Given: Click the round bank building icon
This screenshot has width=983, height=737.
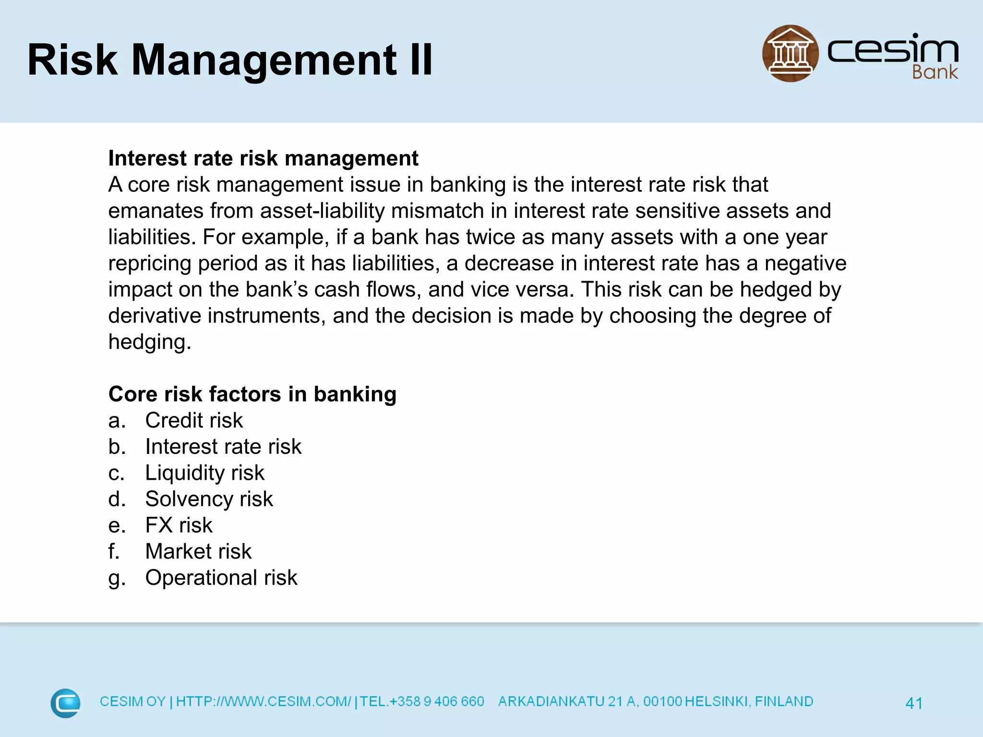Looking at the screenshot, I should (x=790, y=53).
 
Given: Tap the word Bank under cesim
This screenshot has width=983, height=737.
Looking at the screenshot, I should (x=935, y=72).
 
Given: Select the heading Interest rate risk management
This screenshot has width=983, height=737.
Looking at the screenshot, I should (x=263, y=158).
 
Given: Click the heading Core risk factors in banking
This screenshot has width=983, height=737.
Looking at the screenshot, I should (x=252, y=394).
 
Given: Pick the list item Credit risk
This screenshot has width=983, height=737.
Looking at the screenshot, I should (x=194, y=420).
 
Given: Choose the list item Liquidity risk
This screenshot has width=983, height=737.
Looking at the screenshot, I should (x=204, y=473).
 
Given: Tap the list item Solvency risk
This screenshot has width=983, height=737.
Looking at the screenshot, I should (x=209, y=499).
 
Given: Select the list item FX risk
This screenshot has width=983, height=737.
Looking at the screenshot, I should (x=179, y=525).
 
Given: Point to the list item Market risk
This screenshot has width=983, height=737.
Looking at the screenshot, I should (x=198, y=551).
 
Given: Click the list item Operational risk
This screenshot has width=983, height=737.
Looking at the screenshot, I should (x=221, y=578).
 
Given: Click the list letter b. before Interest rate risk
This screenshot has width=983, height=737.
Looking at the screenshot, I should (x=117, y=447).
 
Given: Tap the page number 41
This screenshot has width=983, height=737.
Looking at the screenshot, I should (x=913, y=703).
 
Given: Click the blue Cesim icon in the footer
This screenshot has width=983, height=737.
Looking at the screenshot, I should (x=65, y=703).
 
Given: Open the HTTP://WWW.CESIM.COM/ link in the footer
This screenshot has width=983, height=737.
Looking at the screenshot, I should (x=264, y=701).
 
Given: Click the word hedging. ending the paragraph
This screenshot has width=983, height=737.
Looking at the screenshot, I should (x=150, y=342).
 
